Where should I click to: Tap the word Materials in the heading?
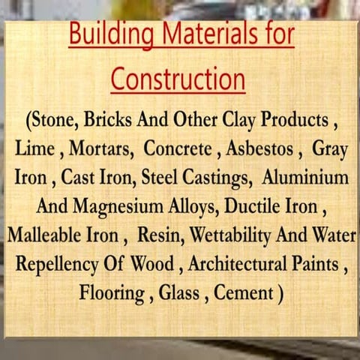(x=201, y=35)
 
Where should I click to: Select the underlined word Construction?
(x=178, y=78)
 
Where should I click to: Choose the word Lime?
(x=33, y=149)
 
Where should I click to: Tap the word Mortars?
(x=99, y=149)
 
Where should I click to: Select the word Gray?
(x=330, y=149)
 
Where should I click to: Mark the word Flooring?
(x=112, y=292)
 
